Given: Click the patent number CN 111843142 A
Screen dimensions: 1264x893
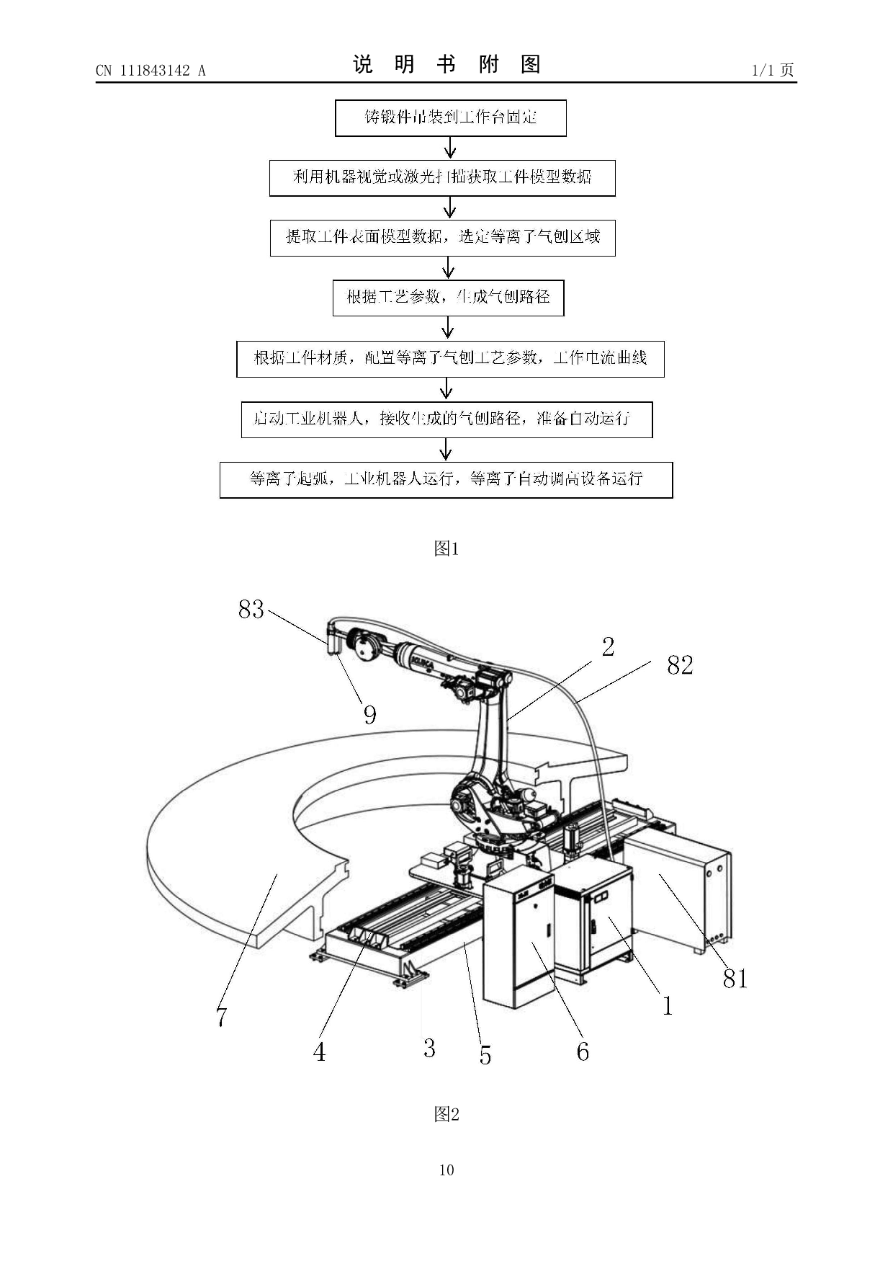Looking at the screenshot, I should click(151, 70).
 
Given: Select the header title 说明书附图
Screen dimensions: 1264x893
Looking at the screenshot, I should click(447, 65).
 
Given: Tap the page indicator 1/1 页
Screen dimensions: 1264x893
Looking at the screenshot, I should click(773, 70).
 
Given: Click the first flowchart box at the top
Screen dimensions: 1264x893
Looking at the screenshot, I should click(451, 118).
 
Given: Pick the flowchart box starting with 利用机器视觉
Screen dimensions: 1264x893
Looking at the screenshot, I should click(442, 178).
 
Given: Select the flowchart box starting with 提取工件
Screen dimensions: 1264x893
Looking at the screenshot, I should click(442, 238).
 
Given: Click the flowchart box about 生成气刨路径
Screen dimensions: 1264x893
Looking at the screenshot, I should click(448, 298).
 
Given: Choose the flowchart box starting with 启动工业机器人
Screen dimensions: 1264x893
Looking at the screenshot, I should click(447, 419).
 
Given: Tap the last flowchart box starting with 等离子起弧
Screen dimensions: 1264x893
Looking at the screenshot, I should click(446, 480).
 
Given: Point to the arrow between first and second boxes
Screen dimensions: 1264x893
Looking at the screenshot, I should click(450, 148).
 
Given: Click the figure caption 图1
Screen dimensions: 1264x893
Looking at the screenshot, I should click(447, 548).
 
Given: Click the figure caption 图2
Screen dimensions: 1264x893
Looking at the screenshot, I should click(447, 1114).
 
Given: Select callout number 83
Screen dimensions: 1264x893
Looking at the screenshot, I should click(251, 610).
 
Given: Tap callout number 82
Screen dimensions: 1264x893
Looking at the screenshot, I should click(680, 665).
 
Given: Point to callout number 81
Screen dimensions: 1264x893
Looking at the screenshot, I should click(735, 979).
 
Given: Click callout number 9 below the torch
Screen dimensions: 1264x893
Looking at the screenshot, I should click(369, 715).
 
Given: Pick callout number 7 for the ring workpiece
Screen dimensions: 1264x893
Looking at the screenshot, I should click(222, 1017).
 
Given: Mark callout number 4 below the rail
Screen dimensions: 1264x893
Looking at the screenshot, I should click(319, 1052).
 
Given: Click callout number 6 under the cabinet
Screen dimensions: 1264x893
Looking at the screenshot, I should click(583, 1052).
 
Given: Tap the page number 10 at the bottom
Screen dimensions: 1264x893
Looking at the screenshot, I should click(447, 1170).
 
